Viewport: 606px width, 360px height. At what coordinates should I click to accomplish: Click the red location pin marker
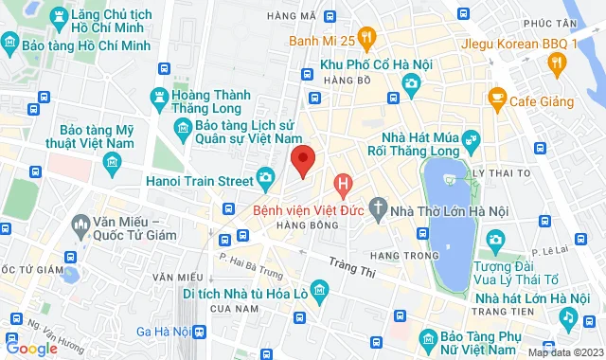click(302, 159)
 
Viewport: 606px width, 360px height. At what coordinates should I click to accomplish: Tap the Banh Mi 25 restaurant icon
click(368, 38)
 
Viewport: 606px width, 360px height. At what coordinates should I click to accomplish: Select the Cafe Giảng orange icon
click(495, 96)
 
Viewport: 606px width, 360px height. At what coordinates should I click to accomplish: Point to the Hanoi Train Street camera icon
click(266, 177)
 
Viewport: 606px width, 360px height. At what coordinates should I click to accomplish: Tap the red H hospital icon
click(344, 182)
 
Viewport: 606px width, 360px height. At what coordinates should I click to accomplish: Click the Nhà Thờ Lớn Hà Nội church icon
click(379, 207)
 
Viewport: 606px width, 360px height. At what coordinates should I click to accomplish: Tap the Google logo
click(30, 348)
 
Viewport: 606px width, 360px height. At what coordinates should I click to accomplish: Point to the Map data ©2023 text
click(564, 352)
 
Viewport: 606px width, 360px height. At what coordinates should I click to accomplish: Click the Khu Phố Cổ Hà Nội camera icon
click(411, 82)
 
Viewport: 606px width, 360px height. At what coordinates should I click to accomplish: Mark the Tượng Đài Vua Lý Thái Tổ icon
click(493, 241)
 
